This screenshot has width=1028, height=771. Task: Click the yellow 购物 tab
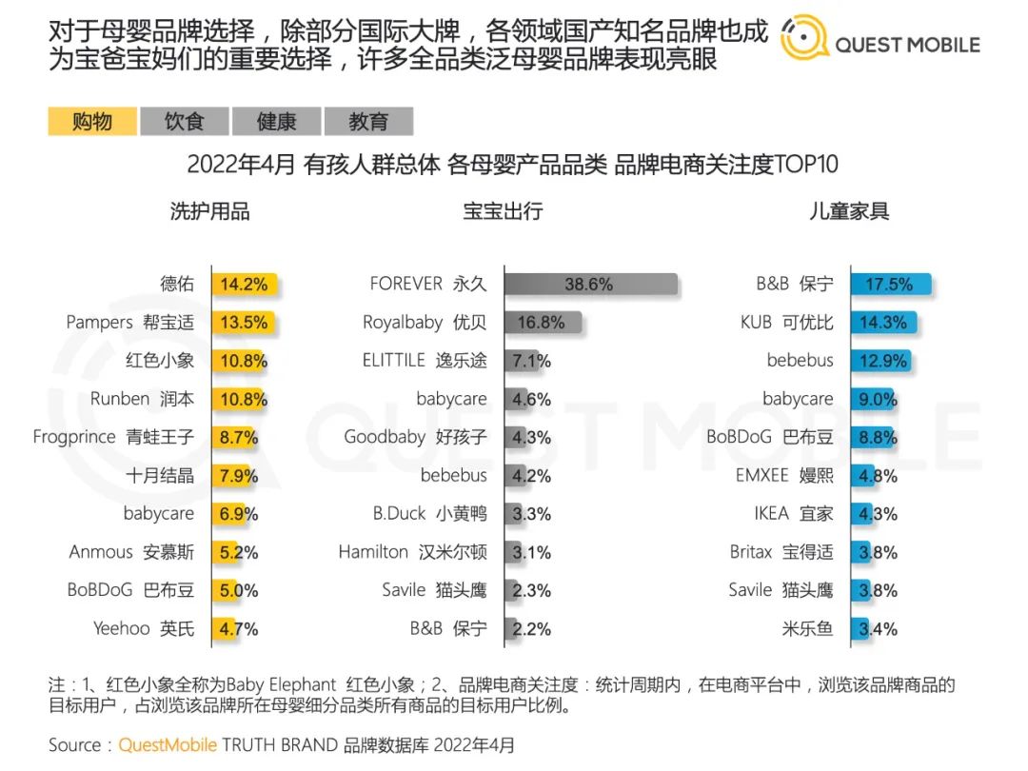(x=92, y=122)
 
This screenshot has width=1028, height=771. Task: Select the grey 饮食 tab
(x=184, y=122)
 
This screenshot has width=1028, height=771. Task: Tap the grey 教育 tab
(x=368, y=122)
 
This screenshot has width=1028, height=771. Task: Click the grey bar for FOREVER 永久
(x=590, y=284)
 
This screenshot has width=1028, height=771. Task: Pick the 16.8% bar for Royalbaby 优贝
(x=542, y=322)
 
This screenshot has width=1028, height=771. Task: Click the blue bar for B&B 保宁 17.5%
(x=890, y=284)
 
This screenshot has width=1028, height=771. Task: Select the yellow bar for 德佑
(x=245, y=284)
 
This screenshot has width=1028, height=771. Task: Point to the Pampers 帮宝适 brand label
(x=129, y=322)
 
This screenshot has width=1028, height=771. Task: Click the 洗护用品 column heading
(x=210, y=211)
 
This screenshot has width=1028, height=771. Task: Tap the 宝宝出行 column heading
(x=503, y=211)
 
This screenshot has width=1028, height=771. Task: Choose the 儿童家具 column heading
(x=849, y=211)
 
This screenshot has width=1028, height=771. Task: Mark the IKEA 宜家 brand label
(x=793, y=513)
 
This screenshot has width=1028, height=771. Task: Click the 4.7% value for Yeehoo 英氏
(x=238, y=628)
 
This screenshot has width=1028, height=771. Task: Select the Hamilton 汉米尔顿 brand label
(x=412, y=552)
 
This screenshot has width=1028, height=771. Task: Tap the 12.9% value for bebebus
(x=879, y=361)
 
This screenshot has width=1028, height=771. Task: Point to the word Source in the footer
(x=74, y=744)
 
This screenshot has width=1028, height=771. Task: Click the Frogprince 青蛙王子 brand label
(x=112, y=437)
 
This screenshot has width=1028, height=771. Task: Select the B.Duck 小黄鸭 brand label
(x=429, y=513)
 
